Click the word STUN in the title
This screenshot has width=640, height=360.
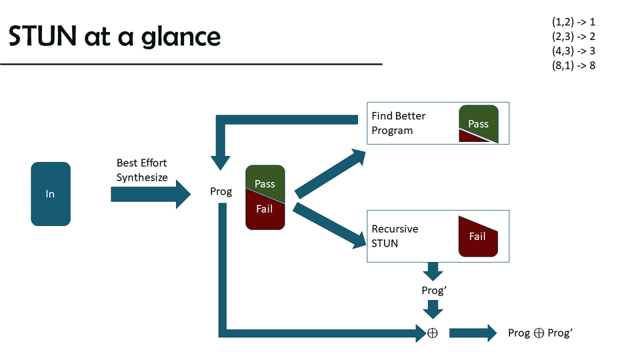click(43, 37)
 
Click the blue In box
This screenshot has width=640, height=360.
click(50, 194)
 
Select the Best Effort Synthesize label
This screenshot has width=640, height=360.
click(141, 169)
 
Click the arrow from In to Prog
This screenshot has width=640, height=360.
click(150, 194)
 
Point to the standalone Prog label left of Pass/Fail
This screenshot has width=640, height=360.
click(221, 191)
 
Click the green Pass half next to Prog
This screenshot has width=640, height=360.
click(265, 180)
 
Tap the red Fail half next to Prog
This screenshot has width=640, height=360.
click(265, 213)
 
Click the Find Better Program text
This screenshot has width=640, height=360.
click(398, 123)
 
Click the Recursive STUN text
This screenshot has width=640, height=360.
click(395, 236)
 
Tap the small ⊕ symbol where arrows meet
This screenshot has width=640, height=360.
click(432, 332)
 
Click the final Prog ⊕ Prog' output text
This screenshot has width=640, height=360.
click(540, 333)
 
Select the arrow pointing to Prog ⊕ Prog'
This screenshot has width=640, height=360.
click(473, 332)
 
